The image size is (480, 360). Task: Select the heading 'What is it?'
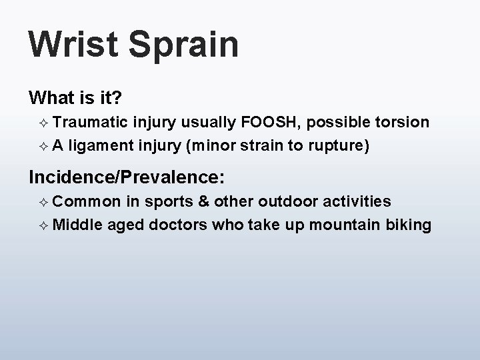coord(75,98)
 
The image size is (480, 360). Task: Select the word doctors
coord(179,225)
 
